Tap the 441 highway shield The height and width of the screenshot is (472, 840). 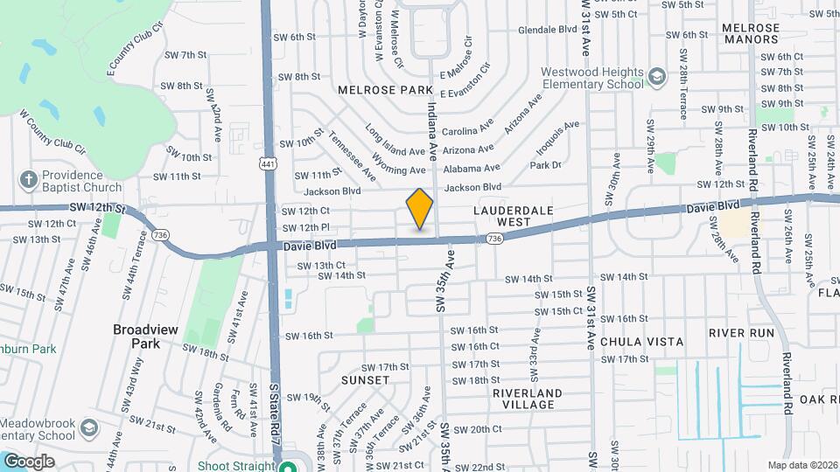point(267,163)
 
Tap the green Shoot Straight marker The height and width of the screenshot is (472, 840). point(285,466)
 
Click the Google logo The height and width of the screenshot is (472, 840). point(29,461)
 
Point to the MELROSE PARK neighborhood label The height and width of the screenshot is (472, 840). point(387,90)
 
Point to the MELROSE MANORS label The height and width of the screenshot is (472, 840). point(751,33)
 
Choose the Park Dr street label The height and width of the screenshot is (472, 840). point(545,164)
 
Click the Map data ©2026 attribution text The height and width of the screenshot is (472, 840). point(801,465)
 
